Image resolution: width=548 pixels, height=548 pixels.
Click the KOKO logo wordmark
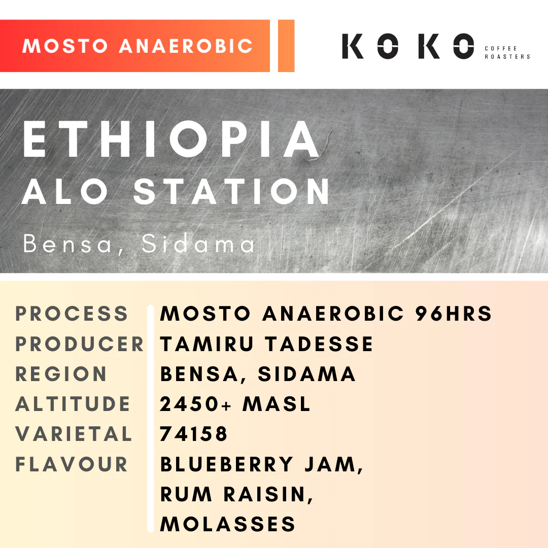click(x=408, y=46)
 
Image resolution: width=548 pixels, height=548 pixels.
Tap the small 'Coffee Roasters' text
click(x=507, y=52)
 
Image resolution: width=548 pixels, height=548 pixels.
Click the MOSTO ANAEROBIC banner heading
click(x=138, y=46)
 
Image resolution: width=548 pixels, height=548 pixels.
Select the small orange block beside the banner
click(x=286, y=46)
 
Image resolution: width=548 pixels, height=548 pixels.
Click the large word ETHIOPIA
click(x=172, y=140)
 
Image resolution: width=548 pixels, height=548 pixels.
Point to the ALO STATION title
click(x=176, y=191)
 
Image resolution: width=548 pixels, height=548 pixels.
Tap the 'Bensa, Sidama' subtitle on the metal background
click(x=140, y=245)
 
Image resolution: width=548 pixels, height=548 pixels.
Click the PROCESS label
click(x=72, y=314)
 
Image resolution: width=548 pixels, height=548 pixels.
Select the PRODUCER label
click(x=80, y=344)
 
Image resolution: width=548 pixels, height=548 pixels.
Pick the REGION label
click(x=61, y=374)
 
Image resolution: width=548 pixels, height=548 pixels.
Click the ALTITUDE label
click(x=73, y=404)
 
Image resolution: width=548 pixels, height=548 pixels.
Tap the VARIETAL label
click(x=74, y=434)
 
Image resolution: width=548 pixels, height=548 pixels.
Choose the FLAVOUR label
click(x=72, y=464)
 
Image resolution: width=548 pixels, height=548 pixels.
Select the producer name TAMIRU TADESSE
click(x=267, y=344)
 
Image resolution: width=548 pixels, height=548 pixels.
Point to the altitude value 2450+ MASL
click(x=235, y=404)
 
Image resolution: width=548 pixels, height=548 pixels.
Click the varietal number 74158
click(x=194, y=434)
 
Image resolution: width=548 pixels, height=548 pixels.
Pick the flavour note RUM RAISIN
click(x=236, y=494)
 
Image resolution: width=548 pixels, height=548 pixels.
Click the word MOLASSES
click(x=228, y=524)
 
